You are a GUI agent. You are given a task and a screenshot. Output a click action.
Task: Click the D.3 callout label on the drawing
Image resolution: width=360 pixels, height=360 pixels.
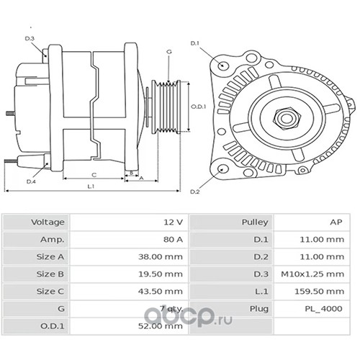tap(30, 38)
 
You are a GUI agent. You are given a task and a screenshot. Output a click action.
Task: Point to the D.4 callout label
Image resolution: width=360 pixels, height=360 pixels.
tap(31, 181)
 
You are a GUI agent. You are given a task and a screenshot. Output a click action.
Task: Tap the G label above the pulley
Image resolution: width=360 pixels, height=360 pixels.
tap(169, 52)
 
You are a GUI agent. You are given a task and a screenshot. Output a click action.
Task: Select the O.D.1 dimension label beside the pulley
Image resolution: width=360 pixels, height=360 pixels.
tap(198, 107)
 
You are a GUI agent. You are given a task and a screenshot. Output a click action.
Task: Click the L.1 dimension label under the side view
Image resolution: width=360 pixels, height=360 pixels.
tap(91, 186)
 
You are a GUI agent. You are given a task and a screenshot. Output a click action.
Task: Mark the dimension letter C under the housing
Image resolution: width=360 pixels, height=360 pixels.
tap(94, 175)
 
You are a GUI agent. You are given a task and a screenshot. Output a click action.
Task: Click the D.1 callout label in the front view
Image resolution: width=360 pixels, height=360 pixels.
tap(195, 43)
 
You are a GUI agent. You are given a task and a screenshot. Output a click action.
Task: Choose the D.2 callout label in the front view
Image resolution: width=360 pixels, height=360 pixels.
tap(195, 192)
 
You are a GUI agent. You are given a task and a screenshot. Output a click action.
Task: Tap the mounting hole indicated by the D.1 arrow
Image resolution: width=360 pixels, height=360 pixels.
tap(223, 65)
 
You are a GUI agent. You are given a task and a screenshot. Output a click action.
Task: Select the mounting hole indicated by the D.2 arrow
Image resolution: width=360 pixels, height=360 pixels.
tap(223, 169)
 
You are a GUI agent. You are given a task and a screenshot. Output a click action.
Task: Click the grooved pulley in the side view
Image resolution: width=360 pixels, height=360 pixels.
tap(166, 107)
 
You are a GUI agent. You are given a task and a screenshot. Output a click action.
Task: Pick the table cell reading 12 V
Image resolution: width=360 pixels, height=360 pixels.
tap(174, 222)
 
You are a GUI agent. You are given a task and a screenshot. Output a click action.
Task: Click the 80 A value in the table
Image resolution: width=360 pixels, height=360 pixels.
tap(174, 239)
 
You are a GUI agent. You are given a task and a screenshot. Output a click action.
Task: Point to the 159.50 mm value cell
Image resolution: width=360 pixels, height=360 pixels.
tap(320, 291)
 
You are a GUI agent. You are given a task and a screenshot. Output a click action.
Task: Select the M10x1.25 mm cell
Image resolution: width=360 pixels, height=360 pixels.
tap(312, 274)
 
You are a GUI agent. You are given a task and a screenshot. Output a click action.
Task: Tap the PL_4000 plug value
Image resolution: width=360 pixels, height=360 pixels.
tap(323, 309)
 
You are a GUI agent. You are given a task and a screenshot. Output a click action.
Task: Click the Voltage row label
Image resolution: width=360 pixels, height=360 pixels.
tap(48, 222)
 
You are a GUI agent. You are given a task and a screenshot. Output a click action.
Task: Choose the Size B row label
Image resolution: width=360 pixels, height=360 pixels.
tap(50, 274)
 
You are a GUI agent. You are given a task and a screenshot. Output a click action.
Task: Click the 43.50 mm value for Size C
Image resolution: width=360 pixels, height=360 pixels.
tap(161, 291)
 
